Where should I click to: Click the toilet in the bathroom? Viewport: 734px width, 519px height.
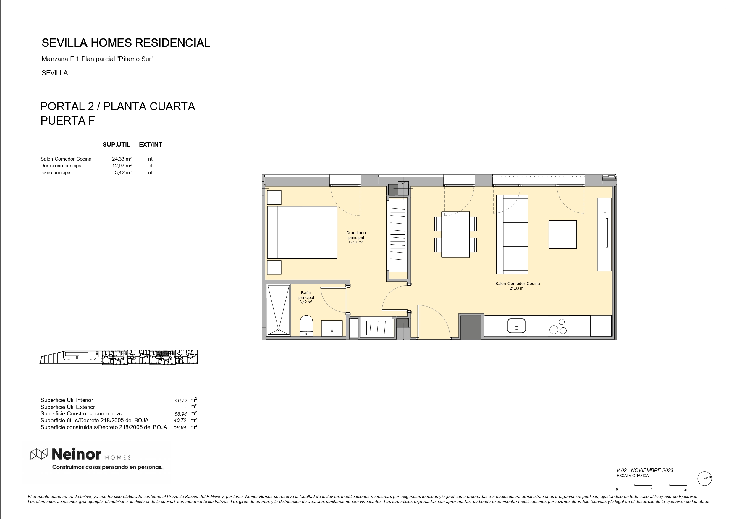[307, 326]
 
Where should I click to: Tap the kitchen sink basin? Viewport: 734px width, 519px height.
[516, 326]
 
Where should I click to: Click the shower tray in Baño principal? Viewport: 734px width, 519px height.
[279, 310]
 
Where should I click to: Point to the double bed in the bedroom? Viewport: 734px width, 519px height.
[302, 232]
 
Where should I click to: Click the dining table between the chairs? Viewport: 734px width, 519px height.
[455, 235]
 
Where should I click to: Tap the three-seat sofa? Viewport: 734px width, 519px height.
[512, 235]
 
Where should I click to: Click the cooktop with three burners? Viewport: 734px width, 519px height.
[558, 326]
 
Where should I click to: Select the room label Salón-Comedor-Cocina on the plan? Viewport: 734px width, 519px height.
[518, 284]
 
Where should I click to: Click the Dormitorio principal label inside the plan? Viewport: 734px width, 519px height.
[356, 235]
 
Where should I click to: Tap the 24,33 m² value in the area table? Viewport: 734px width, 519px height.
[122, 159]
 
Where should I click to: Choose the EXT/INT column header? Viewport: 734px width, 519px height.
[151, 145]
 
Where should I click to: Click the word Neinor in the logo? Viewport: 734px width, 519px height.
[76, 454]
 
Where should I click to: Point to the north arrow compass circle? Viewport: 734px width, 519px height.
[704, 479]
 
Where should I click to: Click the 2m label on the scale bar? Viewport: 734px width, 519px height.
[687, 489]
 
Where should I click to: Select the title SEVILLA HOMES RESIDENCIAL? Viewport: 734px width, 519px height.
[126, 43]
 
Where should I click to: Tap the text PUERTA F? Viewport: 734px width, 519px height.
[68, 121]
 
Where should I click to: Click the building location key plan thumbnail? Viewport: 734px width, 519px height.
[119, 357]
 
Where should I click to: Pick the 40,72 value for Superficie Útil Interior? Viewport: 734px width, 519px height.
[181, 400]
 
